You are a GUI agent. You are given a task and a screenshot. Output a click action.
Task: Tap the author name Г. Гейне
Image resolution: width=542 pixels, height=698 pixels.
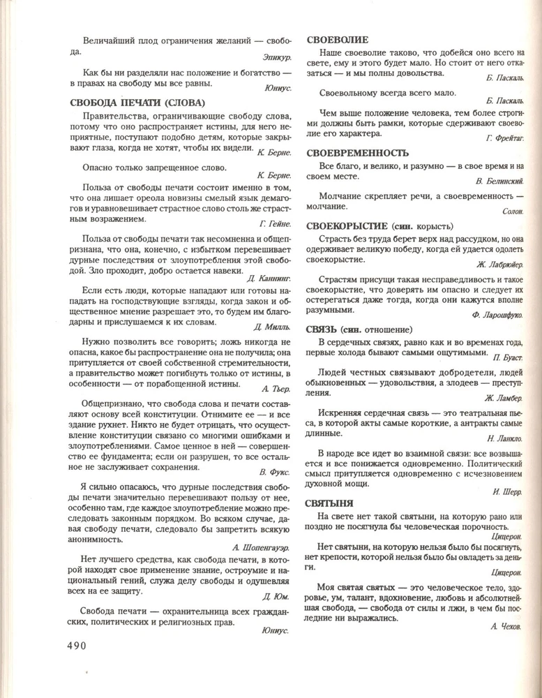click(x=274, y=223)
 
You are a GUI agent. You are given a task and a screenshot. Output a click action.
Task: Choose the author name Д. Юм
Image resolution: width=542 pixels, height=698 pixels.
click(x=277, y=597)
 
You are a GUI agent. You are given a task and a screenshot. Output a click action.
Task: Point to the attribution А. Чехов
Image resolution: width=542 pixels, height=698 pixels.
click(x=506, y=628)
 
